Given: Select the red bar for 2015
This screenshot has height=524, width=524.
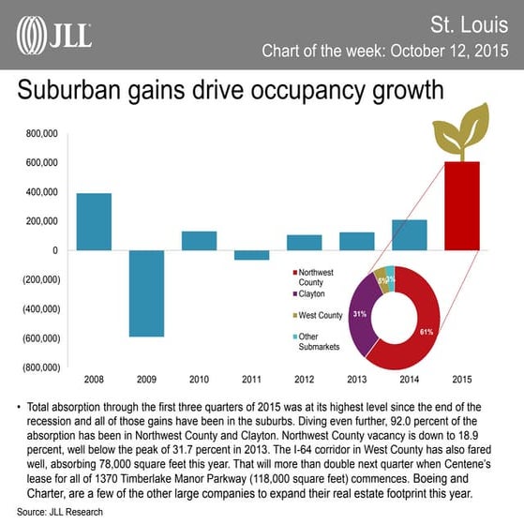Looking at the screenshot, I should (461, 206).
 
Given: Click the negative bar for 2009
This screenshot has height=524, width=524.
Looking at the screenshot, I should (146, 293).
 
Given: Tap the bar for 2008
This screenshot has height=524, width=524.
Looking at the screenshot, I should (94, 221).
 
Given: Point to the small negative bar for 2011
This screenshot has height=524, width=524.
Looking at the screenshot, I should (251, 254).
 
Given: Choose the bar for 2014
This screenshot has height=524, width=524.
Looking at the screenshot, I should (409, 235).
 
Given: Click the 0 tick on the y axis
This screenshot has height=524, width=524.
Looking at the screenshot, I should (54, 250).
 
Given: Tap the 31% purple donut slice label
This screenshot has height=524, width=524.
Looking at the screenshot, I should (359, 314).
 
